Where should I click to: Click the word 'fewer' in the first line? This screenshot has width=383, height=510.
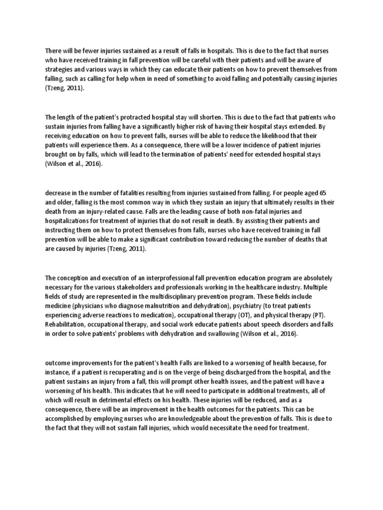pos(86,51)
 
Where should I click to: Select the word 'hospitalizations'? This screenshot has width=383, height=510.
pos(70,221)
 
